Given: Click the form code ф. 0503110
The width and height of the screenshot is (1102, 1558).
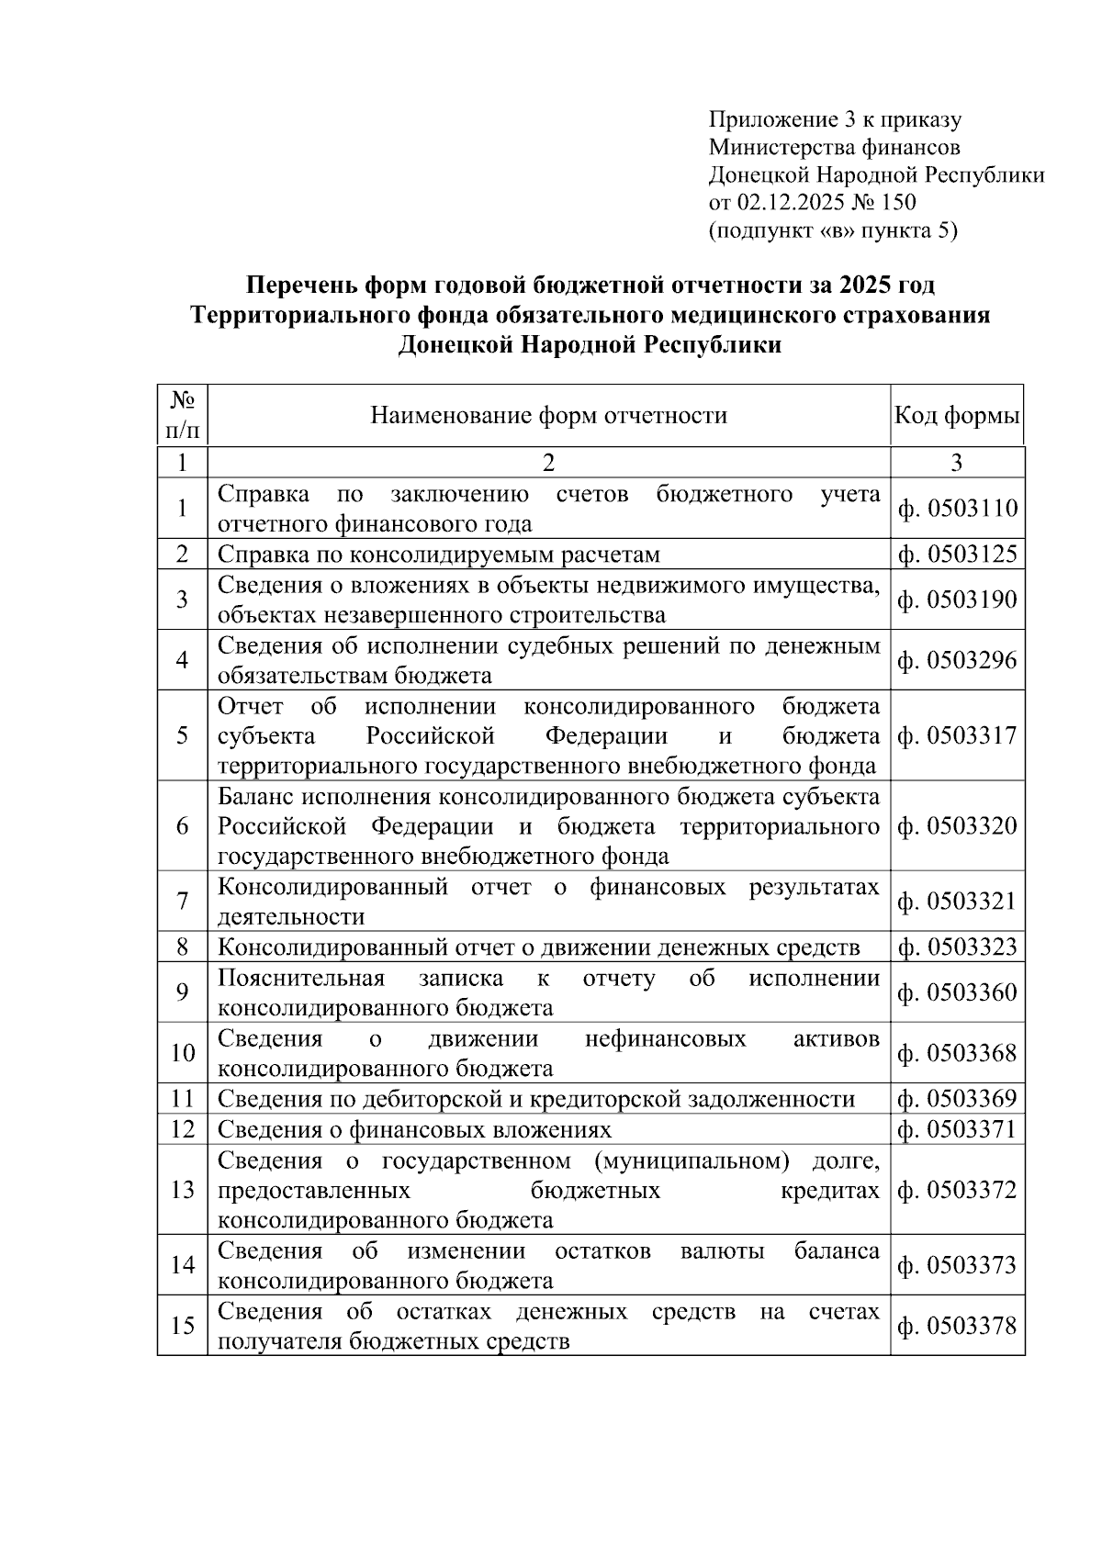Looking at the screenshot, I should tap(957, 509).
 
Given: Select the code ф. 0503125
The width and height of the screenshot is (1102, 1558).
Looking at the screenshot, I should tap(957, 555).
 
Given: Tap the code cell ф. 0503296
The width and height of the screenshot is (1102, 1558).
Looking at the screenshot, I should tap(957, 660).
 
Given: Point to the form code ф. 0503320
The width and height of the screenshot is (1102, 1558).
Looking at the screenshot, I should tap(957, 826).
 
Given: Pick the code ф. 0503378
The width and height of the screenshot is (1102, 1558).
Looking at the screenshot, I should tap(957, 1327).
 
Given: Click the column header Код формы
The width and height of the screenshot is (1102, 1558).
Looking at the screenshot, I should tap(957, 416).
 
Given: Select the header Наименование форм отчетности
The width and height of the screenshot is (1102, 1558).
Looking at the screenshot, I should tap(548, 416).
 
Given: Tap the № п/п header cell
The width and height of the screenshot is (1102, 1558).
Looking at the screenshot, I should tap(182, 415).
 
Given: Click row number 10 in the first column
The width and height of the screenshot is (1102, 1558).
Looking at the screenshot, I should tap(183, 1053).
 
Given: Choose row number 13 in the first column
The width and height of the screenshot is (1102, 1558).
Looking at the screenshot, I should tap(183, 1190).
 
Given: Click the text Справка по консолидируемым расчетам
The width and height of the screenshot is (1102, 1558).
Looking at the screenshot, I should tap(438, 555).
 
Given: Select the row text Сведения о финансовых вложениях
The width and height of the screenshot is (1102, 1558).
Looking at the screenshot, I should tap(414, 1129).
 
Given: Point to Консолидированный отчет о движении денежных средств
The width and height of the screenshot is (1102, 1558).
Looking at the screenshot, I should tap(538, 947).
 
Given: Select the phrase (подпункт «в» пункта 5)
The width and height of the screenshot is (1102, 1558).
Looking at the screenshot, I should tap(832, 230).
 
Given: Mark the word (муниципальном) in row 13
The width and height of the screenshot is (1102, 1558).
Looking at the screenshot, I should tap(692, 1161).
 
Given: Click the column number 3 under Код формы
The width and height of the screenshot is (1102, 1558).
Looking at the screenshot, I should tap(957, 463).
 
